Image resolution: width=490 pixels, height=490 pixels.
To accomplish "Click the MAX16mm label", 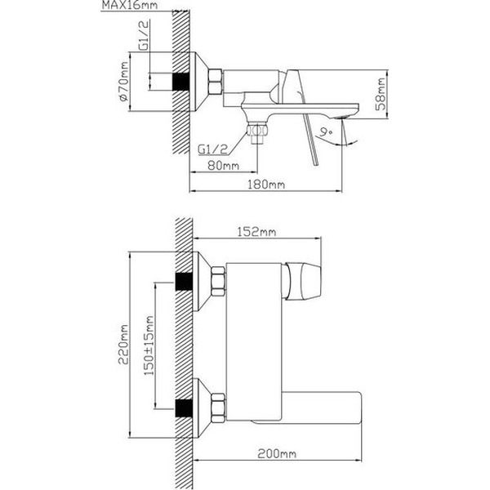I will tap(128, 7).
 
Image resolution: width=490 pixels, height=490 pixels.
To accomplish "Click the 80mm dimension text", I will tap(222, 166).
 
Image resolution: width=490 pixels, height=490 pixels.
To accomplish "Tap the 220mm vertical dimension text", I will tap(122, 344).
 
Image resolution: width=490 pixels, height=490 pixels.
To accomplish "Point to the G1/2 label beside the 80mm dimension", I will tap(215, 149).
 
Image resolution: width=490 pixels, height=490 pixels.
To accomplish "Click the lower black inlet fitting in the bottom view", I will tap(185, 406).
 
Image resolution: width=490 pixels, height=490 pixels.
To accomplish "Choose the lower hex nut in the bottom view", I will tap(217, 406).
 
